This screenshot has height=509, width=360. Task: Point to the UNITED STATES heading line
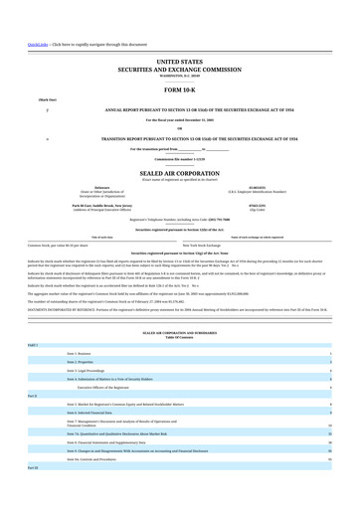[x=179, y=62]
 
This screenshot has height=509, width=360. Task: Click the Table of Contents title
[x=179, y=339]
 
